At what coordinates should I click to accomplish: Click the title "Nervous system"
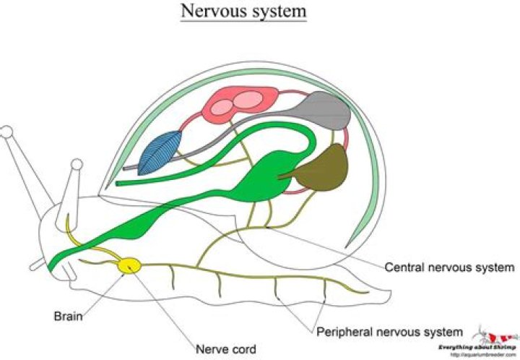244,12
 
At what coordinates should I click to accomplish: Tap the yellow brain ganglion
130,266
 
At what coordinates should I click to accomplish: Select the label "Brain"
67,316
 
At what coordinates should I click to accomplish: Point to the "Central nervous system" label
449,267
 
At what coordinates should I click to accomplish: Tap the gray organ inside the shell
324,113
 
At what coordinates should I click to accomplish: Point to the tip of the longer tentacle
6,132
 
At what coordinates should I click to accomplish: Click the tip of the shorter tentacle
74,167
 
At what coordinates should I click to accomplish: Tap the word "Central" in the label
404,267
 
